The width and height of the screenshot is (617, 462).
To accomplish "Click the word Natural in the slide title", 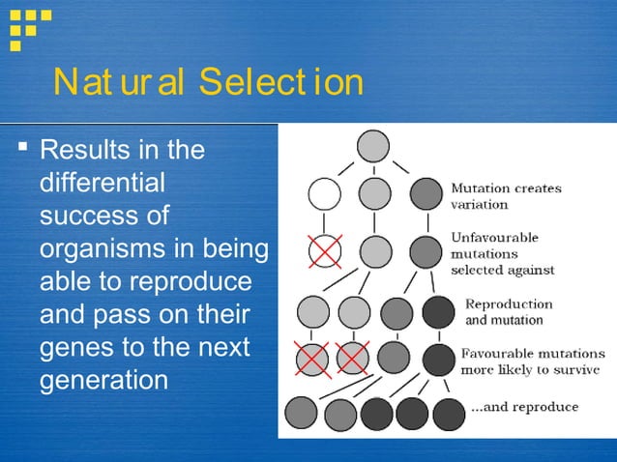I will [121, 84].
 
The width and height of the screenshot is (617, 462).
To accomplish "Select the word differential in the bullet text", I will [103, 183].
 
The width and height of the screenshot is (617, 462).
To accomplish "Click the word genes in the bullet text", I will [79, 347].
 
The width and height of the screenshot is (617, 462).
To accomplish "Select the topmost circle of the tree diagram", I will [373, 146].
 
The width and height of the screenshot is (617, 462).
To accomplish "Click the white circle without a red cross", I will [325, 194].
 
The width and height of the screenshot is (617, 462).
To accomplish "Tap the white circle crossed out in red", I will [325, 252].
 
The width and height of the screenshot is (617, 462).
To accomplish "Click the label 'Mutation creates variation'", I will [506, 196].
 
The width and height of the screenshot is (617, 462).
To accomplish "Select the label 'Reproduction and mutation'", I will [509, 311].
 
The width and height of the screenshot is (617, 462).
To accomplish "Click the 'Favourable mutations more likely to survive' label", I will [529, 361].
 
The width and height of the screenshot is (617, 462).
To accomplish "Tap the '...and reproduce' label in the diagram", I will [524, 407].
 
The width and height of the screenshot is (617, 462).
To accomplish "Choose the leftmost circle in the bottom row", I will [301, 413].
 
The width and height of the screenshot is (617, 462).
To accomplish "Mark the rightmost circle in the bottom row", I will [449, 413].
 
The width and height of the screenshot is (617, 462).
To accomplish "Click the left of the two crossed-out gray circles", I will [313, 358].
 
